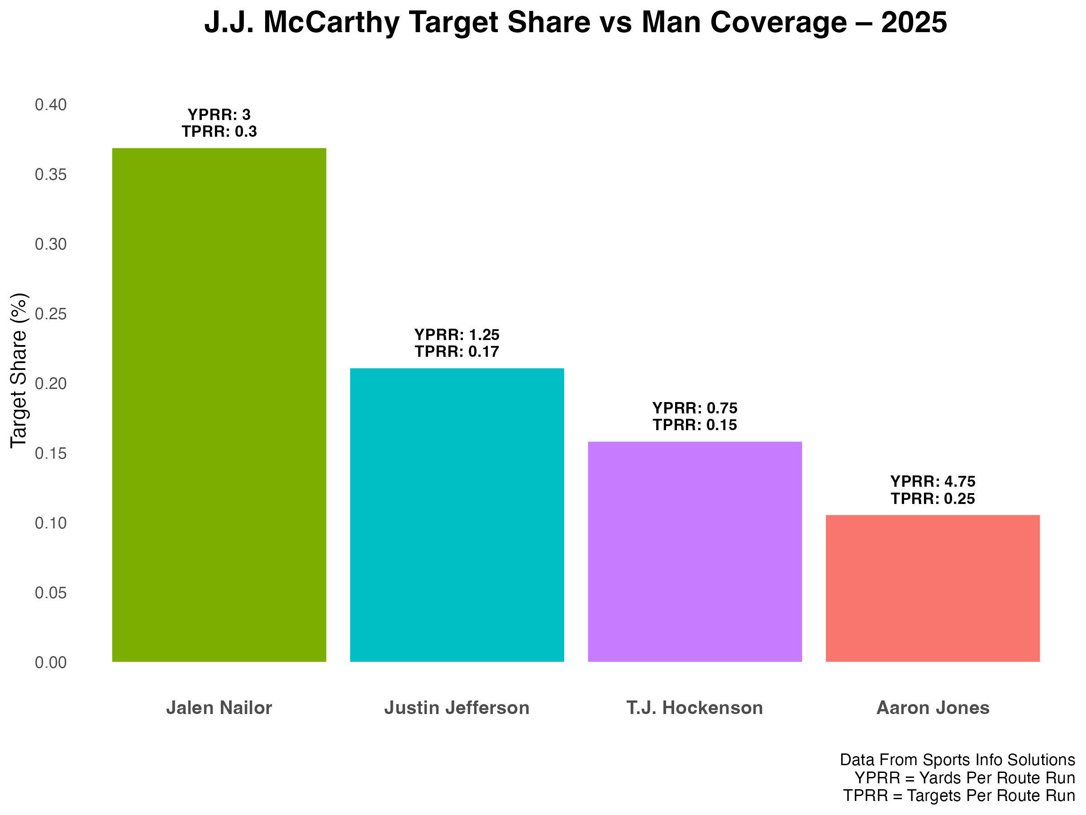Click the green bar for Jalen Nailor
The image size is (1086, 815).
[x=219, y=404]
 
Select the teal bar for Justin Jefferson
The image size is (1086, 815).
[x=457, y=514]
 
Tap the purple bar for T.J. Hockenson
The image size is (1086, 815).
[x=695, y=551]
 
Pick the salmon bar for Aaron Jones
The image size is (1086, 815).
[x=932, y=588]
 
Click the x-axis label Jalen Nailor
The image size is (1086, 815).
[x=219, y=708]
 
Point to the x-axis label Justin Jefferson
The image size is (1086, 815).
[x=457, y=708]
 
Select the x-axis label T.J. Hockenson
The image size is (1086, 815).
[x=695, y=708]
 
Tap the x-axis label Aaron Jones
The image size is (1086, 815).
[x=932, y=708]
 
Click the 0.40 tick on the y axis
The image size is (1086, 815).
[x=51, y=105]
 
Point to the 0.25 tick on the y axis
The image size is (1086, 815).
[x=51, y=314]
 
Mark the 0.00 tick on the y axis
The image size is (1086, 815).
[x=51, y=662]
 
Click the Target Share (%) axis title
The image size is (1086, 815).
[x=19, y=370]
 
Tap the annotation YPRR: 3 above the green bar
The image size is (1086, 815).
[x=219, y=115]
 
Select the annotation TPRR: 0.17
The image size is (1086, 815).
[x=457, y=352]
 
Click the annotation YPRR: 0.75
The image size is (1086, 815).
[x=695, y=408]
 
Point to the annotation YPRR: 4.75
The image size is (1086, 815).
[x=932, y=481]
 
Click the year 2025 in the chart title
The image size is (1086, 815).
[x=914, y=23]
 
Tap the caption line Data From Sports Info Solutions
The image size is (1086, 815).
[x=957, y=759]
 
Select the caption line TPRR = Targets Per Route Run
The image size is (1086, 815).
[x=958, y=796]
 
